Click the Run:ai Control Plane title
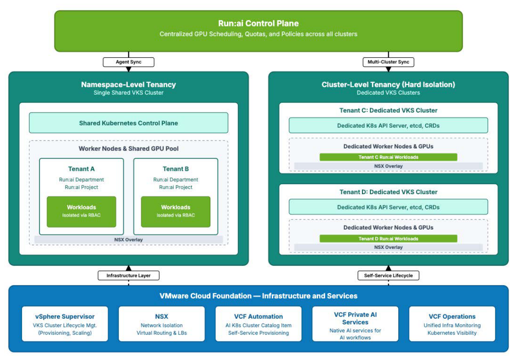point(258,23)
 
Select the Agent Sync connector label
point(128,62)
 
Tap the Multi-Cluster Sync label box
point(388,62)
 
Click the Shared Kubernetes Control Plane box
point(128,123)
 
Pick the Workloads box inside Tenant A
point(82,212)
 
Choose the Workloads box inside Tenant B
point(176,212)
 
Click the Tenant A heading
point(82,169)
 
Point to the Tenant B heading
point(176,169)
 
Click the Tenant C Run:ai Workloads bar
point(388,157)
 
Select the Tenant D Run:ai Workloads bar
point(388,239)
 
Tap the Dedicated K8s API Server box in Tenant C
point(388,126)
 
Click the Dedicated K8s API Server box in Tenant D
point(388,207)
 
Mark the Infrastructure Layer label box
point(128,275)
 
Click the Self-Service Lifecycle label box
point(388,275)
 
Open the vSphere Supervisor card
point(65,324)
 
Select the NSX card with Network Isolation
point(161,324)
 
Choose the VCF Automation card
point(258,324)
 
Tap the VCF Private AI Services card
point(355,324)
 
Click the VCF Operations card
point(452,324)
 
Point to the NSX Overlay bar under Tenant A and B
point(128,239)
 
